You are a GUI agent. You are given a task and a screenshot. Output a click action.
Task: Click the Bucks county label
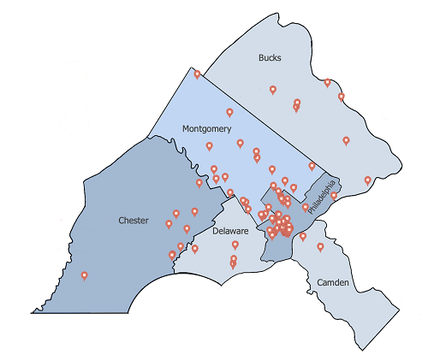(270, 58)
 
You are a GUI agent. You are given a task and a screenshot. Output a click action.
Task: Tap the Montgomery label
(206, 128)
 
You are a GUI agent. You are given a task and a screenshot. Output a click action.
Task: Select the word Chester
(134, 221)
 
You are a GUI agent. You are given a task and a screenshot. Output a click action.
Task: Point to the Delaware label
(230, 231)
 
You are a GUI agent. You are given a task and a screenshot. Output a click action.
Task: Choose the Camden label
(333, 282)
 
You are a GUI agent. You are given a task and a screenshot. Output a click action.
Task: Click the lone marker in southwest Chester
(84, 275)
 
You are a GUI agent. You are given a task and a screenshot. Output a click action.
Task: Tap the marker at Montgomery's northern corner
(197, 74)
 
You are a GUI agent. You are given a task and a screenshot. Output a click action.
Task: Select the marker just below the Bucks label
(273, 89)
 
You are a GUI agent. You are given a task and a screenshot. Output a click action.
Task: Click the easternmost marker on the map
(367, 180)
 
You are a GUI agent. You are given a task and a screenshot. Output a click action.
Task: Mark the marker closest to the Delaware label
(235, 245)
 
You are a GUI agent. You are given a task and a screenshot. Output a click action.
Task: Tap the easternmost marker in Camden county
(320, 247)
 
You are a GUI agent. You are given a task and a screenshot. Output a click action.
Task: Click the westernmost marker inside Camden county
(302, 236)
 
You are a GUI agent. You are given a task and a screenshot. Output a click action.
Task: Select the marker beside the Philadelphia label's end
(334, 196)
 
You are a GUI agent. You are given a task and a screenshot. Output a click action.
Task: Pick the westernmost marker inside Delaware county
(195, 249)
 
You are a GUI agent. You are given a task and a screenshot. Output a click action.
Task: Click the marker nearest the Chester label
(169, 224)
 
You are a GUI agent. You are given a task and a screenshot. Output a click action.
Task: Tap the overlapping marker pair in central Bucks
(297, 104)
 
